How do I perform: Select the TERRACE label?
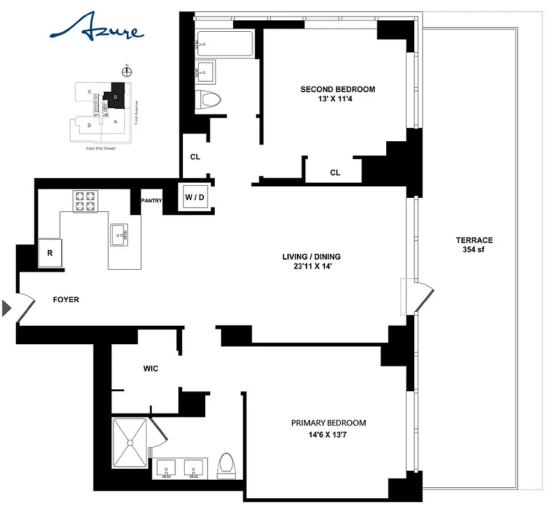[473, 245]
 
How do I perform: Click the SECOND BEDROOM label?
[338, 94]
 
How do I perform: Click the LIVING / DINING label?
[312, 261]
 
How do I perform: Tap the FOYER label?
[66, 299]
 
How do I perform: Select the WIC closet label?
[150, 368]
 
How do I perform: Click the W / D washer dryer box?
[194, 197]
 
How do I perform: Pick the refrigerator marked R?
[50, 253]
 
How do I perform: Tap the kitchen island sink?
[119, 234]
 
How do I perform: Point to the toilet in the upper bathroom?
[209, 99]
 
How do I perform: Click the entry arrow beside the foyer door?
[7, 309]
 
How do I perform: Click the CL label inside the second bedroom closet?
[335, 172]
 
